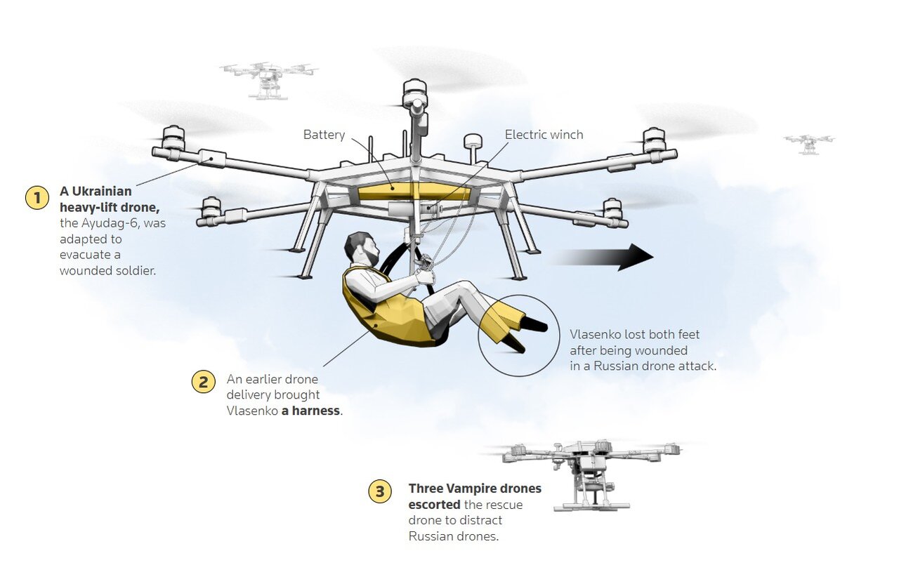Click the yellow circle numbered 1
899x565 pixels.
pos(37,198)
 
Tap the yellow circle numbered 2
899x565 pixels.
pos(204,381)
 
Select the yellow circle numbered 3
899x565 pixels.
pos(380,491)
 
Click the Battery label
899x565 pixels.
pos(324,135)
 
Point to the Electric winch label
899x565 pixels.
pos(544,135)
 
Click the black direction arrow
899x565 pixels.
pos(601,257)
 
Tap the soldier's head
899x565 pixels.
pos(361,248)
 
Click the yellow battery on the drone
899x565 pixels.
pos(414,192)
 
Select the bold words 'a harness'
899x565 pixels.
pos(310,411)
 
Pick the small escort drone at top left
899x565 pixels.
pos(268,81)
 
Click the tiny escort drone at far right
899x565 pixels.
pos(809,145)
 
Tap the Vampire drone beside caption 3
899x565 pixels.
pos(590,475)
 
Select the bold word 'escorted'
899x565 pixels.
pos(434,505)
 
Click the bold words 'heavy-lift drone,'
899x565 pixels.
pos(110,207)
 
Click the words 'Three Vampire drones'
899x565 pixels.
pos(475,488)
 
